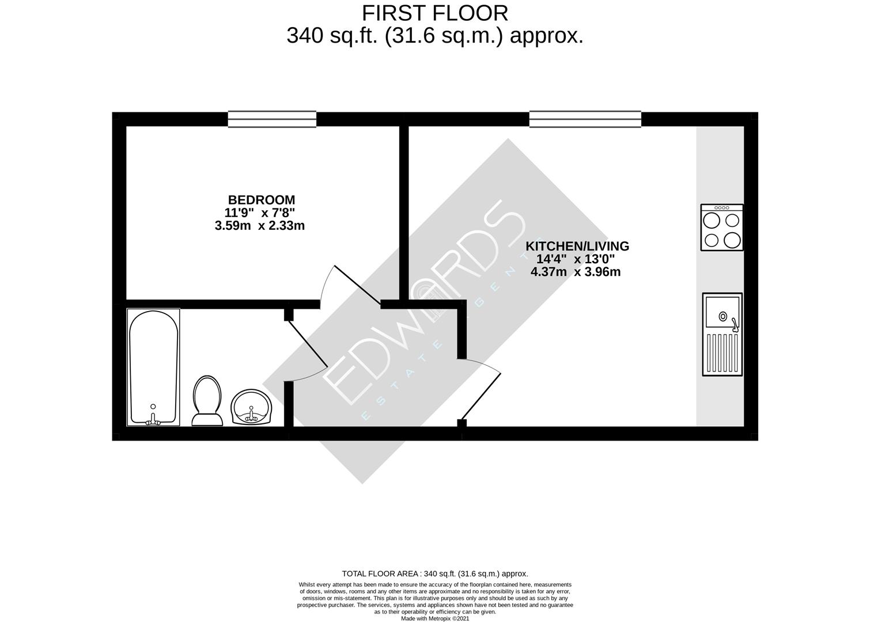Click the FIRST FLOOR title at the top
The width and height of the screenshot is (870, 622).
pos(435,13)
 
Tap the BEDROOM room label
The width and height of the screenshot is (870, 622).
pos(262,200)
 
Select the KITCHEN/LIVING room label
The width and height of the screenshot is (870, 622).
pos(577,246)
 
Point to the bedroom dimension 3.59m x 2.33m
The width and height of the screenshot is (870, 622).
pos(259,226)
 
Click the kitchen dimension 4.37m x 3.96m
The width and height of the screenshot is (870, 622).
pos(576,272)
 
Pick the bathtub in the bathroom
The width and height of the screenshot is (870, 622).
pos(153,367)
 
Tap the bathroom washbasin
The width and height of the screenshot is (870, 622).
pos(251,407)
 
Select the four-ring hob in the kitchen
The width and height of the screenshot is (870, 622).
pos(721,227)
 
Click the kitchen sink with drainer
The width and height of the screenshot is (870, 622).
pos(722,334)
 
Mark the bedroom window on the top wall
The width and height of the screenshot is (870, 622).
pos(272,119)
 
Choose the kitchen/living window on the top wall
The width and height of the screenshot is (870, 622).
pos(585,119)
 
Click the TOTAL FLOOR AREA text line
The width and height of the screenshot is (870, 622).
pos(435,574)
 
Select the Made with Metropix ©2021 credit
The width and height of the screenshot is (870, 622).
pos(435,619)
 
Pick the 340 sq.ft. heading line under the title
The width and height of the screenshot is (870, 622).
pos(435,36)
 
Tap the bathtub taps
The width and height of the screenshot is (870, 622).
pos(153,419)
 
